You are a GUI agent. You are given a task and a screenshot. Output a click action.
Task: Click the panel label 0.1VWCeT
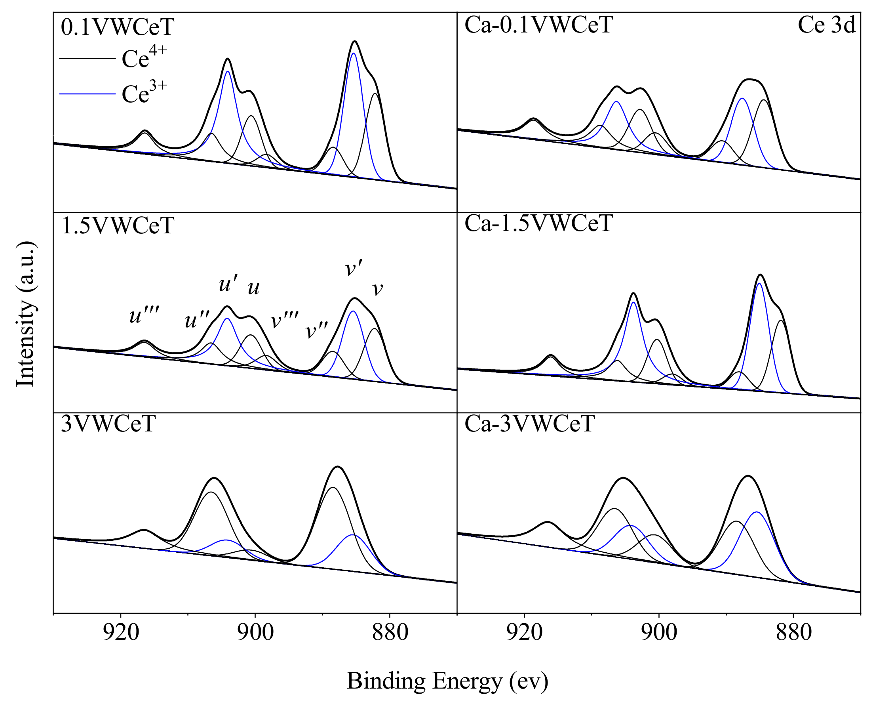117,27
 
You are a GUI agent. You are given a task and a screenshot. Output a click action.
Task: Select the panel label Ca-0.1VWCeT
538,25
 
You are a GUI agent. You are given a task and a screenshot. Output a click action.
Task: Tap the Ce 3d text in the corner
826,25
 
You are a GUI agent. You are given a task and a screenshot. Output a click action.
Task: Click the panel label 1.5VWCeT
118,226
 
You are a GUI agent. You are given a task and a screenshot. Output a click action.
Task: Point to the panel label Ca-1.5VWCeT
538,223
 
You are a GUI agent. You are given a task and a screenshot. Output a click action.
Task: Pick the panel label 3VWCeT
108,424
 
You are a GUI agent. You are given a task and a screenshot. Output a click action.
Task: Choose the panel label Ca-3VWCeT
529,424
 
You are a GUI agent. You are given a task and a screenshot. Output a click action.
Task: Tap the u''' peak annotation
145,315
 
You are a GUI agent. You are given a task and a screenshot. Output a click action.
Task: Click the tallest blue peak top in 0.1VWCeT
353,53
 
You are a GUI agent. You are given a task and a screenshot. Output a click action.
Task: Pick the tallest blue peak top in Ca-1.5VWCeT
759,283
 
